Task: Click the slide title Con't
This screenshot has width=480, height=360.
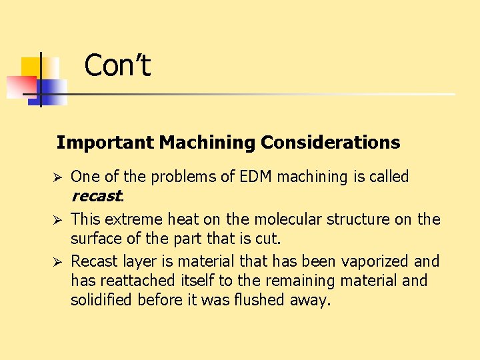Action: tap(117, 65)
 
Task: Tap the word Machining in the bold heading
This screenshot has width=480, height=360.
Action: tap(207, 143)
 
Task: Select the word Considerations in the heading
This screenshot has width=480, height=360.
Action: tap(331, 143)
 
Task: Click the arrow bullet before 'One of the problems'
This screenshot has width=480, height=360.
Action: tap(58, 177)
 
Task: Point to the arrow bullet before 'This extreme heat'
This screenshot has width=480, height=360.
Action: tap(58, 219)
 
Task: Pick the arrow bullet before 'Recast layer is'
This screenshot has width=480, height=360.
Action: tap(58, 261)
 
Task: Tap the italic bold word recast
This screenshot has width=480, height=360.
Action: tap(96, 197)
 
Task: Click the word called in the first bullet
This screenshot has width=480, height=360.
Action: tap(389, 177)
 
